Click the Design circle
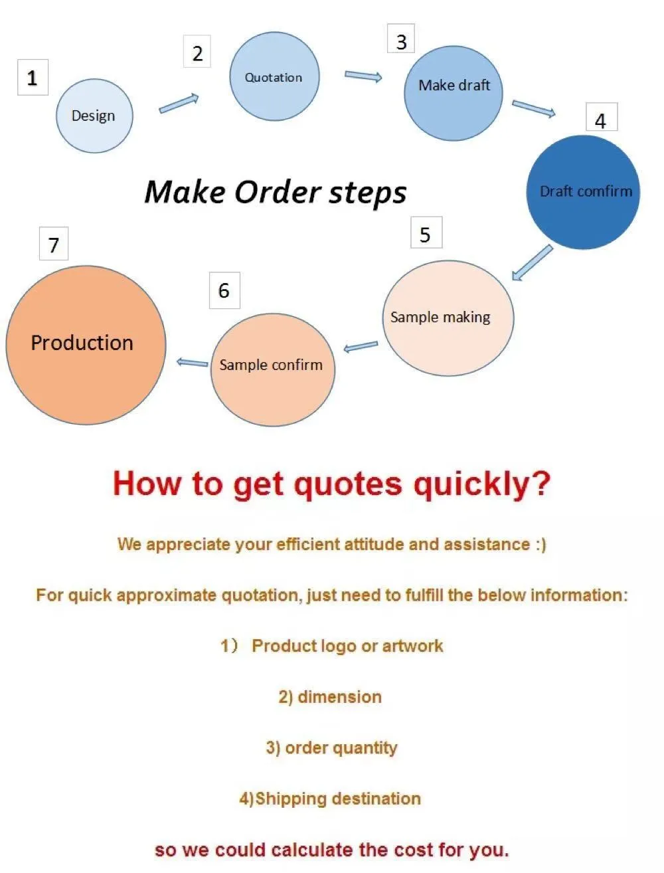pos(94,116)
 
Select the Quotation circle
pos(274,76)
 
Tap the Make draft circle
pos(453,94)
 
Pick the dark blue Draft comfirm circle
pos(583,193)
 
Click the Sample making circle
pos(448,318)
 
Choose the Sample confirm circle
pos(273,370)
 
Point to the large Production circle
pos(86,345)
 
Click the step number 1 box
pos(33,78)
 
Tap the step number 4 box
pos(602,117)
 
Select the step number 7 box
pos(54,243)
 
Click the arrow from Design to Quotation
pos(179,104)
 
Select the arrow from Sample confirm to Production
pos(193,362)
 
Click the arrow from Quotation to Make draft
pos(363,76)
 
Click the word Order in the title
pos(278,193)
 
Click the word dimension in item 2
pos(340,697)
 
